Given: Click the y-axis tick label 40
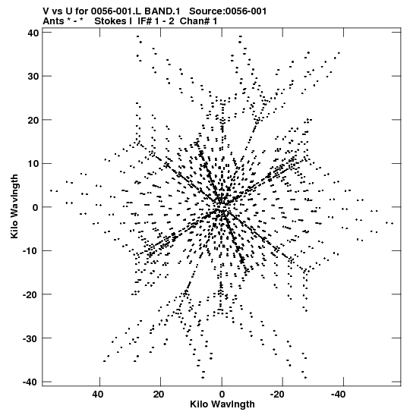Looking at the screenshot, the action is pyautogui.click(x=33, y=33).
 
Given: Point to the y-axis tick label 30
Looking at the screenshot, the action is pyautogui.click(x=33, y=76).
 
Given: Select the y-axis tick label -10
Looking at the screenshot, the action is pyautogui.click(x=30, y=250).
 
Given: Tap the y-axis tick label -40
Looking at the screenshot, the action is pyautogui.click(x=30, y=382).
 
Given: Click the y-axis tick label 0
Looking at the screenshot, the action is pyautogui.click(x=36, y=207).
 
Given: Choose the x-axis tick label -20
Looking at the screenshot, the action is pyautogui.click(x=277, y=395).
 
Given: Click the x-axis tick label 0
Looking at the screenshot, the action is pyautogui.click(x=222, y=395).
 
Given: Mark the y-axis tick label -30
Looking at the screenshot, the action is pyautogui.click(x=30, y=338).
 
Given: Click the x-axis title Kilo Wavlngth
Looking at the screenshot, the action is pyautogui.click(x=222, y=404).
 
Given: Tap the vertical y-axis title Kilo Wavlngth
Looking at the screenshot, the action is pyautogui.click(x=14, y=206).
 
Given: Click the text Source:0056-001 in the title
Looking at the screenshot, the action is pyautogui.click(x=228, y=11).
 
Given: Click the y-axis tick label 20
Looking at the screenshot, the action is pyautogui.click(x=33, y=120).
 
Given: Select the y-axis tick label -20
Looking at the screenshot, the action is pyautogui.click(x=30, y=294).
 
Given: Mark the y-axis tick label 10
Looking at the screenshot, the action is pyautogui.click(x=33, y=164).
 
